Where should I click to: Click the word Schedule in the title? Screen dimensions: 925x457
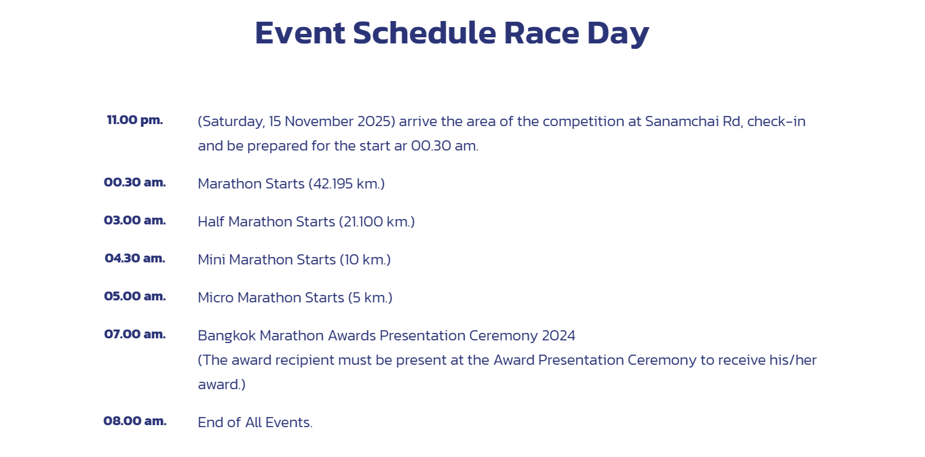tap(425, 33)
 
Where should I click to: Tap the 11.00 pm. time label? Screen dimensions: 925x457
tap(134, 120)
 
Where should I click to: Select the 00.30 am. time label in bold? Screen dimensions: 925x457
tap(134, 182)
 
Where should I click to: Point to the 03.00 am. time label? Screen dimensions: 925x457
tap(134, 220)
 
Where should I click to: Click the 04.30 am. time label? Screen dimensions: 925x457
tap(134, 258)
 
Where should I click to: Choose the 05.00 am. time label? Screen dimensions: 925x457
tap(134, 296)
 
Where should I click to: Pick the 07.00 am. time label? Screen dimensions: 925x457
tap(134, 334)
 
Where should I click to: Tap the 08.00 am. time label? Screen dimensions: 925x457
tap(134, 420)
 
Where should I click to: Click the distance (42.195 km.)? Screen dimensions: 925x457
tap(347, 184)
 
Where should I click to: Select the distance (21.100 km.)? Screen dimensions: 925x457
tap(377, 222)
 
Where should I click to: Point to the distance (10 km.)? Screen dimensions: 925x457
tap(365, 260)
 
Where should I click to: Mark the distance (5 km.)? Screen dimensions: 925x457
tap(370, 298)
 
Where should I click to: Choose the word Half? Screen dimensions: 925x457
tap(211, 222)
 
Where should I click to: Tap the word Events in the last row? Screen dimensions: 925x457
tap(288, 422)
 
